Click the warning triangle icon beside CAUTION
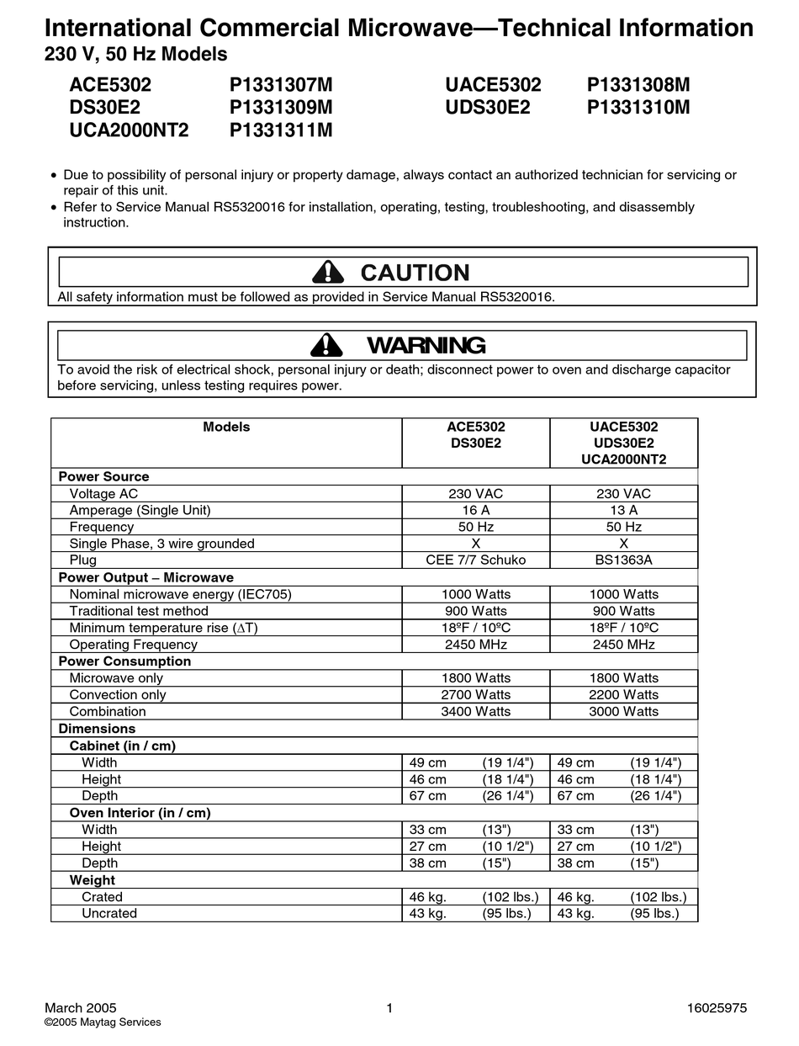pyautogui.click(x=327, y=272)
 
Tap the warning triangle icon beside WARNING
pyautogui.click(x=326, y=345)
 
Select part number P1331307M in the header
pyautogui.click(x=281, y=85)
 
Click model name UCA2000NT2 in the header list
pyautogui.click(x=129, y=130)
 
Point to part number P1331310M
pyautogui.click(x=638, y=108)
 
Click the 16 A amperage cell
pyautogui.click(x=475, y=510)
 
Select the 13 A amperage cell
pyautogui.click(x=623, y=510)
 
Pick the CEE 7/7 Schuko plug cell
pyautogui.click(x=475, y=560)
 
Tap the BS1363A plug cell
pyautogui.click(x=623, y=560)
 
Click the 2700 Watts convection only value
pyautogui.click(x=475, y=695)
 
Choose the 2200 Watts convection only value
pyautogui.click(x=623, y=695)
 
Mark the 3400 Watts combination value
pyautogui.click(x=475, y=712)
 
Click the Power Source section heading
pyautogui.click(x=103, y=476)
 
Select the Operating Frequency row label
pyautogui.click(x=133, y=645)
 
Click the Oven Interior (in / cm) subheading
pyautogui.click(x=140, y=813)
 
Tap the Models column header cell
pyautogui.click(x=226, y=427)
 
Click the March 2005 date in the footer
pyautogui.click(x=80, y=1007)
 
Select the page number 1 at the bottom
pyautogui.click(x=389, y=1007)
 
